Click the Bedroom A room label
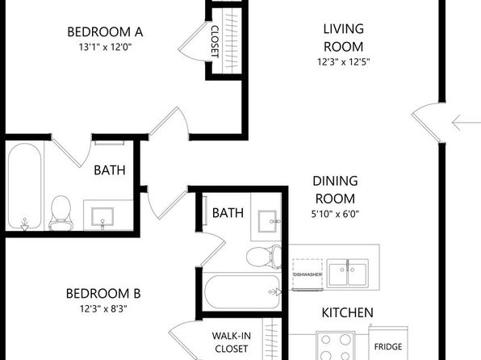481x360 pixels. point(105,32)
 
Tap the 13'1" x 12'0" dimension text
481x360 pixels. point(105,47)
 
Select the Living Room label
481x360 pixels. point(344,38)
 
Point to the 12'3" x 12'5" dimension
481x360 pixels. point(343,62)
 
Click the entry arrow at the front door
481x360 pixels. point(466,123)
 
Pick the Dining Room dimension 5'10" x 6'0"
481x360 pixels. point(335,214)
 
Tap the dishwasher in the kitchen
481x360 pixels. point(307,274)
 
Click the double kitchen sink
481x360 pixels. point(347,274)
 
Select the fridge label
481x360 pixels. point(388,347)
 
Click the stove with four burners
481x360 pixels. point(335,345)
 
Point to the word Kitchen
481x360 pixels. point(347,312)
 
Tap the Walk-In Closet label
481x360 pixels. point(232,342)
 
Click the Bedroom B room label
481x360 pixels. point(103,294)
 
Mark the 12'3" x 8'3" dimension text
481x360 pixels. point(103,308)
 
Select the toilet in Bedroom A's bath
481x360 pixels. point(61,213)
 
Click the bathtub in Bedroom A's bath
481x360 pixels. point(24,186)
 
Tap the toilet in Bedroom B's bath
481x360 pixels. point(264,256)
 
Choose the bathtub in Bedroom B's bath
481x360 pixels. point(243,292)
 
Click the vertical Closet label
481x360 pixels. point(215,42)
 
